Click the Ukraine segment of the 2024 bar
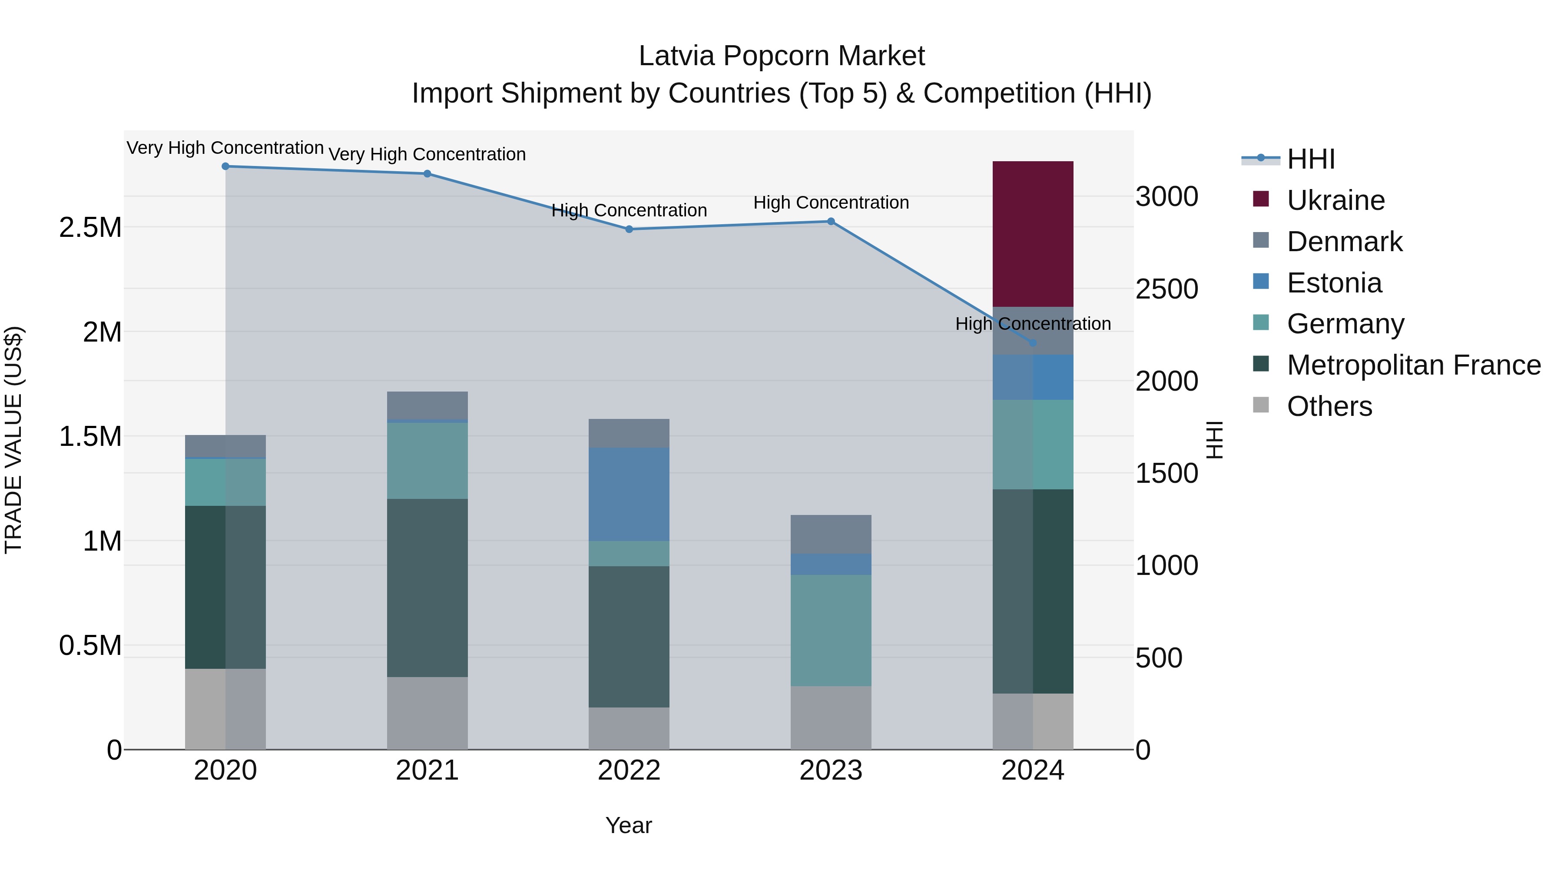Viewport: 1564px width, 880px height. tap(1032, 234)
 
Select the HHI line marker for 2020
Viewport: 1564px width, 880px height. tap(225, 166)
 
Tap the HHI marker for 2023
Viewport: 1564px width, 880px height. tap(831, 222)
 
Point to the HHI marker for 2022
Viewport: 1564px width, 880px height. tap(629, 229)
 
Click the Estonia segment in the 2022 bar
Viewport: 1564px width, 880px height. tap(629, 495)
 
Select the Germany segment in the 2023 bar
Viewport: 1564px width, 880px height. tap(831, 631)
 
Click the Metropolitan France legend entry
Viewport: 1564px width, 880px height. tap(1413, 365)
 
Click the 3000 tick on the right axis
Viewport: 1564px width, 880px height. tap(1166, 197)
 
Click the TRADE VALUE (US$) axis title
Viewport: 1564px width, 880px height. tap(13, 440)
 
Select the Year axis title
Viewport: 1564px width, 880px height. tap(628, 825)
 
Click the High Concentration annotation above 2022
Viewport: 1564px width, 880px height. tap(629, 210)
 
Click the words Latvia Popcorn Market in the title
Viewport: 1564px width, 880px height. tap(782, 56)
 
